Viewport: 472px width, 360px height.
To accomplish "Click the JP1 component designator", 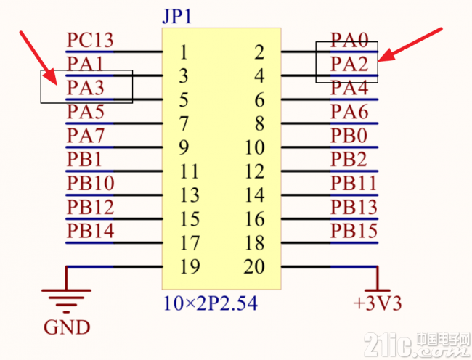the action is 177,17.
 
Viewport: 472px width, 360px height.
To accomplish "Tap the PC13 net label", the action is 90,40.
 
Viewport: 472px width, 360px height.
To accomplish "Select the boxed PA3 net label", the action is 85,88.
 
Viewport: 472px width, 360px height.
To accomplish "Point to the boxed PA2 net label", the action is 349,64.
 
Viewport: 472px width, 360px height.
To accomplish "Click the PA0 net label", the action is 349,40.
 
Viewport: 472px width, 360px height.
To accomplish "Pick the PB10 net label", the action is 90,183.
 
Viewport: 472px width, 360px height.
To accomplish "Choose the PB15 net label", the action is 354,231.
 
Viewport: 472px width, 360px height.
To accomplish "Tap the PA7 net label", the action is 85,135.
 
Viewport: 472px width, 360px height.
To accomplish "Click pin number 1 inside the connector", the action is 183,52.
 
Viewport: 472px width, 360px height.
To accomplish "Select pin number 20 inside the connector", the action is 254,266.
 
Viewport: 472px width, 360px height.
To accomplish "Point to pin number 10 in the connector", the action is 255,147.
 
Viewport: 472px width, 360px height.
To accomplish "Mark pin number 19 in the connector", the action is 190,266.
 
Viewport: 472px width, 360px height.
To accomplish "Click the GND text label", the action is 67,327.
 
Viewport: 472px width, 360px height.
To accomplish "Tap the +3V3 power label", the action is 378,303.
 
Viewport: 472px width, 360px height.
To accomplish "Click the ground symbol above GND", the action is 66,300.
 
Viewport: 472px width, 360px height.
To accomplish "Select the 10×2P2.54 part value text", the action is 210,303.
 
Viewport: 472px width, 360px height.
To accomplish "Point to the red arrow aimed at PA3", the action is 38,58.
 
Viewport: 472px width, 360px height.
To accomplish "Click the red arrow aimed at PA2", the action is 410,45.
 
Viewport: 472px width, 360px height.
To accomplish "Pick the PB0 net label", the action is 349,135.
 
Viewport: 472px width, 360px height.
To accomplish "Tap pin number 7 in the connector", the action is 183,123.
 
